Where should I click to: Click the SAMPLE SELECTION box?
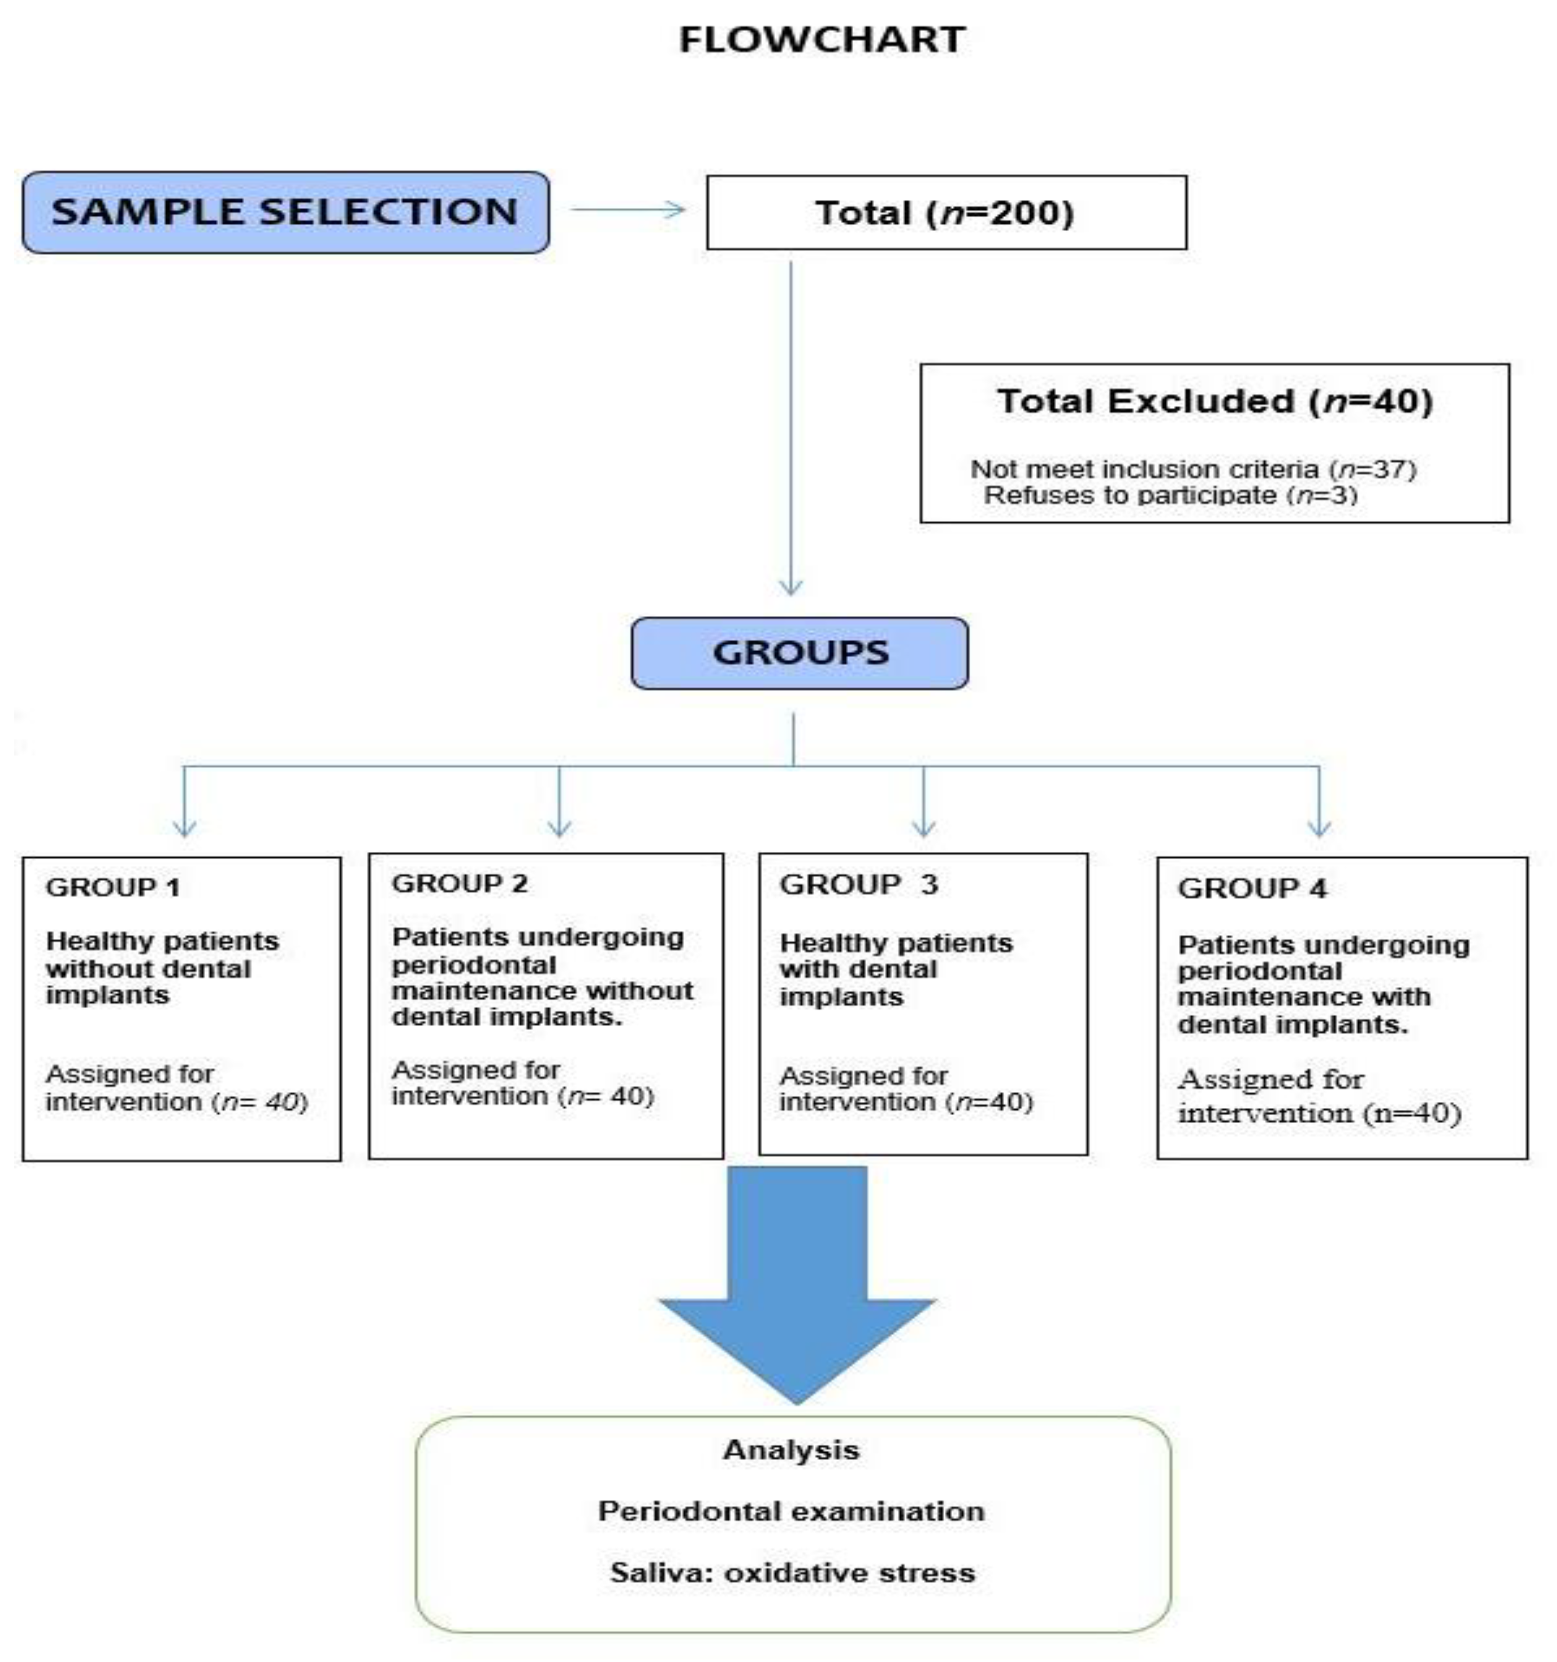coord(285,212)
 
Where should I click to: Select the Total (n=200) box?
coord(946,212)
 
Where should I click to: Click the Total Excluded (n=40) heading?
coord(1214,401)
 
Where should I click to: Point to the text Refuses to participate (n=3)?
coord(1170,495)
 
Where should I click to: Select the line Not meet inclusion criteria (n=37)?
coord(1192,469)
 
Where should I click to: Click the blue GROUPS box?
coord(799,653)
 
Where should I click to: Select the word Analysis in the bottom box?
coord(791,1451)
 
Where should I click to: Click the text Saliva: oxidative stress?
coord(792,1573)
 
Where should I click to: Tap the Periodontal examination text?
coord(791,1511)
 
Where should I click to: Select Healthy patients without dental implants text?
coord(162,968)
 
